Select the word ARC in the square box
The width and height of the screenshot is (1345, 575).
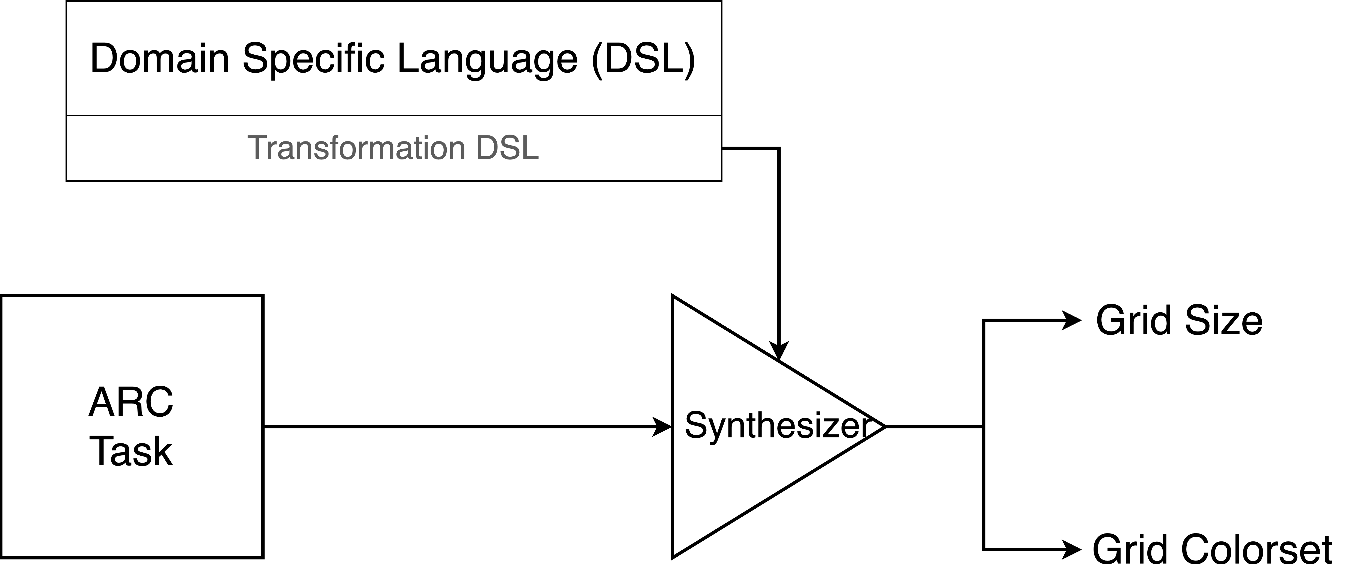click(131, 403)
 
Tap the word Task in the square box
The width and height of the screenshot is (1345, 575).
click(131, 452)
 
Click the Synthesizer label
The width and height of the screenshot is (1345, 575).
click(778, 426)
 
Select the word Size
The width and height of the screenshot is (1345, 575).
click(1223, 320)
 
